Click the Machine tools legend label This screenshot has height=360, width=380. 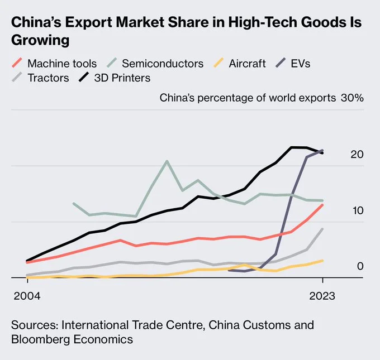(x=61, y=63)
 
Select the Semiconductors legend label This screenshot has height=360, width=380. (x=163, y=63)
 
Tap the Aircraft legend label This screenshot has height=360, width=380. (x=247, y=63)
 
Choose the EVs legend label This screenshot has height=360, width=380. (x=300, y=63)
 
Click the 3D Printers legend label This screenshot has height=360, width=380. (x=122, y=78)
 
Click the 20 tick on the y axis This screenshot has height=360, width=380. (x=357, y=154)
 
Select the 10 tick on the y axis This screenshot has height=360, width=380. (x=357, y=210)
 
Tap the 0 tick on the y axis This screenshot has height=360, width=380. (x=360, y=266)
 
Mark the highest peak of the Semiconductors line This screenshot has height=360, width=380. (x=167, y=161)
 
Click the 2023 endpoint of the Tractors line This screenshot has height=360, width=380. (x=322, y=229)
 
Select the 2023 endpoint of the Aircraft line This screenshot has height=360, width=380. (x=322, y=261)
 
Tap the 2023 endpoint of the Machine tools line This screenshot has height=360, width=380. (x=322, y=205)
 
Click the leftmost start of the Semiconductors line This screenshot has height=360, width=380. (x=74, y=203)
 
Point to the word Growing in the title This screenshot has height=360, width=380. (x=40, y=41)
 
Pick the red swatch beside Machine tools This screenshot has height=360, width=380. (x=17, y=63)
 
